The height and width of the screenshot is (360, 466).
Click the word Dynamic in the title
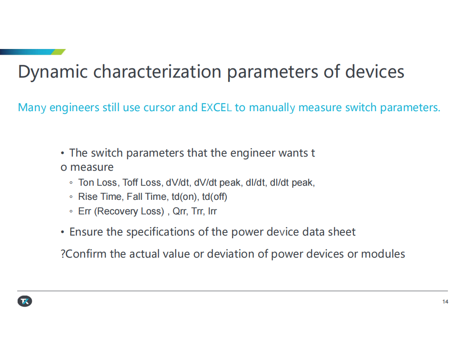[x=53, y=72]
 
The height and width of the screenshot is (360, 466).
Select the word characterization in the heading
[x=157, y=71]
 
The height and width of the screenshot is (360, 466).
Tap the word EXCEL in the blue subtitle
[x=216, y=107]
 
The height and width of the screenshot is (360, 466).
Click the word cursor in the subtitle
[x=159, y=108]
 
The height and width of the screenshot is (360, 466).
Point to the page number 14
[x=445, y=302]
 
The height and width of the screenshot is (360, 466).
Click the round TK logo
[x=25, y=301]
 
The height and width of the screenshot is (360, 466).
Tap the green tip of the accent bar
[x=59, y=52]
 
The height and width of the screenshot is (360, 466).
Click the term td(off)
[x=214, y=197]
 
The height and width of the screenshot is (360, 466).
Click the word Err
[x=84, y=211]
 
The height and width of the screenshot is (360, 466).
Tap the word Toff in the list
[x=130, y=182]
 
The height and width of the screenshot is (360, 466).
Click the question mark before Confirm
[x=63, y=254]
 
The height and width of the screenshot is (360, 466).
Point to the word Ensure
[x=86, y=232]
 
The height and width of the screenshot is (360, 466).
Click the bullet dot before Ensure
[x=62, y=232]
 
